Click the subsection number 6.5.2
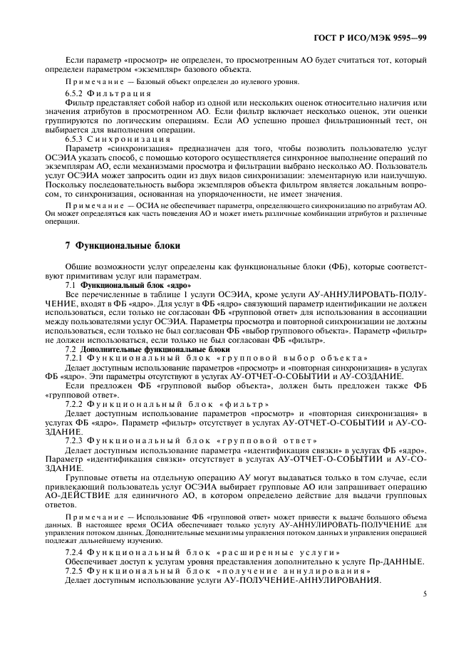pos(75,94)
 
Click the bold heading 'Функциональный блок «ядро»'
pos(126,304)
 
